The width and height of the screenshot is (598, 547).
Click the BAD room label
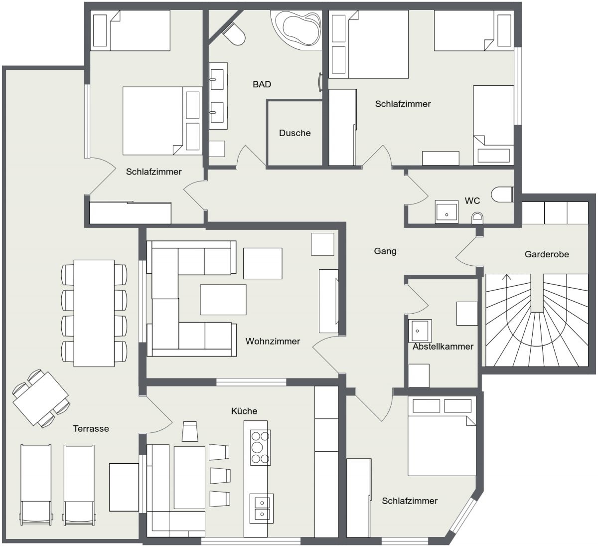pos(262,84)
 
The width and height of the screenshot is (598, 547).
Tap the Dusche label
pos(295,133)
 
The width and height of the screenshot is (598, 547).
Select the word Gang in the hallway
pos(385,251)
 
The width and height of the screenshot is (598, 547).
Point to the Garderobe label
pos(547,254)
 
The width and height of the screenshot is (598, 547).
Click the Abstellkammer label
pos(443,347)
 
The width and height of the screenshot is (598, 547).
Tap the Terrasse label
pos(91,428)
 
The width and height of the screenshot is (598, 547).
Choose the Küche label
pos(244,411)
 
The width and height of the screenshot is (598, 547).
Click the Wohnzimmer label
pos(273,341)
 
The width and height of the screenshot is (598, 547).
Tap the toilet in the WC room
pos(502,194)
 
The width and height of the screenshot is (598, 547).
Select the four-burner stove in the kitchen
pos(260,447)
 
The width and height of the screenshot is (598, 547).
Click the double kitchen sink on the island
pos(262,508)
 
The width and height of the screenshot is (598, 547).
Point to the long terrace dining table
pos(94,313)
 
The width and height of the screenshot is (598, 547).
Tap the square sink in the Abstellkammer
pos(420,331)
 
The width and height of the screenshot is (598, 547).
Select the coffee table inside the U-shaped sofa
pos(223,300)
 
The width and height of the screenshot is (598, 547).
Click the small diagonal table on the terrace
pos(41,398)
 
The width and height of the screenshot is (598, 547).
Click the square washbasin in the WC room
pos(447,211)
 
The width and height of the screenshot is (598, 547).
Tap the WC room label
pos(472,201)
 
